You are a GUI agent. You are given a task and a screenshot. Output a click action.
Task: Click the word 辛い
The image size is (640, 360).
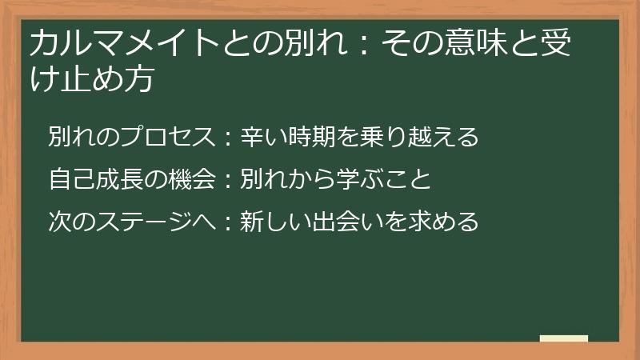click(257, 137)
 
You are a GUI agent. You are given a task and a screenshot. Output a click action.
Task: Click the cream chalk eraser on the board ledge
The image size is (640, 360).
click(563, 338)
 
